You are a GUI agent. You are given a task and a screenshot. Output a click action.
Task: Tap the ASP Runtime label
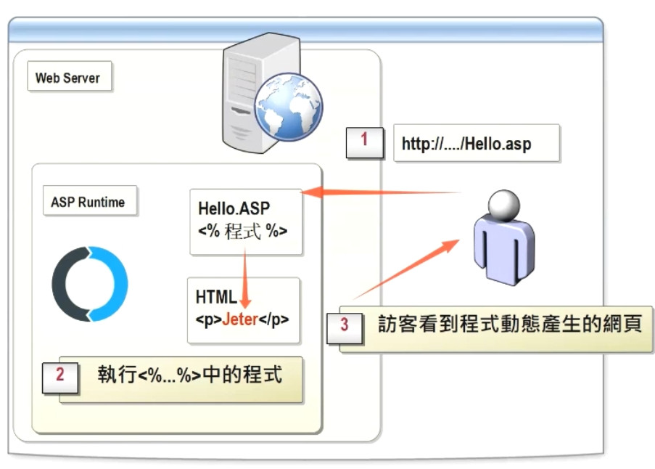click(x=88, y=203)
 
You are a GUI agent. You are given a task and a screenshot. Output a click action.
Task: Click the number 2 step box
click(x=59, y=375)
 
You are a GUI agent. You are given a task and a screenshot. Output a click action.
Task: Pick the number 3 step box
click(x=344, y=325)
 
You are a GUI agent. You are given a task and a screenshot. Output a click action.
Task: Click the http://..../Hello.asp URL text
click(x=466, y=144)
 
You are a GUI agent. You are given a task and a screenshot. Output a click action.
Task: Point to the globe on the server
click(x=288, y=107)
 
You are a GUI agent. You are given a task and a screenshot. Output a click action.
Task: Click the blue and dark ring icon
click(x=89, y=284)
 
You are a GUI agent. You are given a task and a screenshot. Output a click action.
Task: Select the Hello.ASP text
click(x=234, y=208)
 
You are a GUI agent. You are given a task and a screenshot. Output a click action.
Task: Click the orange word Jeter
click(x=240, y=319)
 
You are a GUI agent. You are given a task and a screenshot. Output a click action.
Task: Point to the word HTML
click(x=215, y=297)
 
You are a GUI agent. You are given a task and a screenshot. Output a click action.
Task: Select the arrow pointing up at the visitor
click(x=406, y=269)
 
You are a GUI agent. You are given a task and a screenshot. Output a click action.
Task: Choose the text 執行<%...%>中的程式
click(x=189, y=375)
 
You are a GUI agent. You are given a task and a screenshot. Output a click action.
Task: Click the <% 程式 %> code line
click(x=242, y=232)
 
